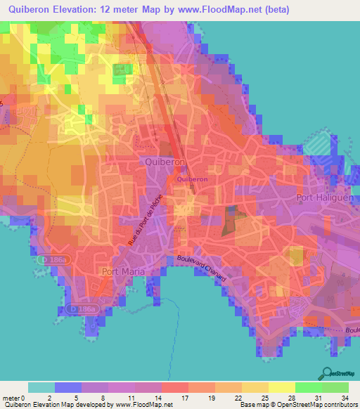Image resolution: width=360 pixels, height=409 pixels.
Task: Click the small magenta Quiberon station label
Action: [191, 179]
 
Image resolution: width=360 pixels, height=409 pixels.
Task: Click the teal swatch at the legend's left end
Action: [41, 387]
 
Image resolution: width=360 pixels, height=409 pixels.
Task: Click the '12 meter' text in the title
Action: [130, 11]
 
